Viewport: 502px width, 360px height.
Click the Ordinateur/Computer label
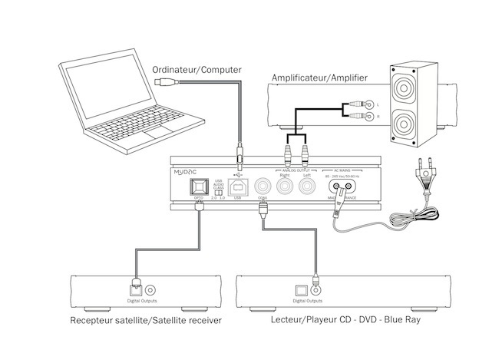[x=197, y=70]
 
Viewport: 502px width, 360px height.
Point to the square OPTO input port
[x=198, y=187]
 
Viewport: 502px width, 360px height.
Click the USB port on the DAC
[x=238, y=187]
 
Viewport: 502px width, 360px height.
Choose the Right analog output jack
[x=286, y=187]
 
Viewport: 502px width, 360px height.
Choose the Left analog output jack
[x=307, y=187]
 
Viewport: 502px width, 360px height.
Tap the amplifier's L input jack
[x=369, y=104]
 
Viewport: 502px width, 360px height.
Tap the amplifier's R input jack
[x=369, y=117]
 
